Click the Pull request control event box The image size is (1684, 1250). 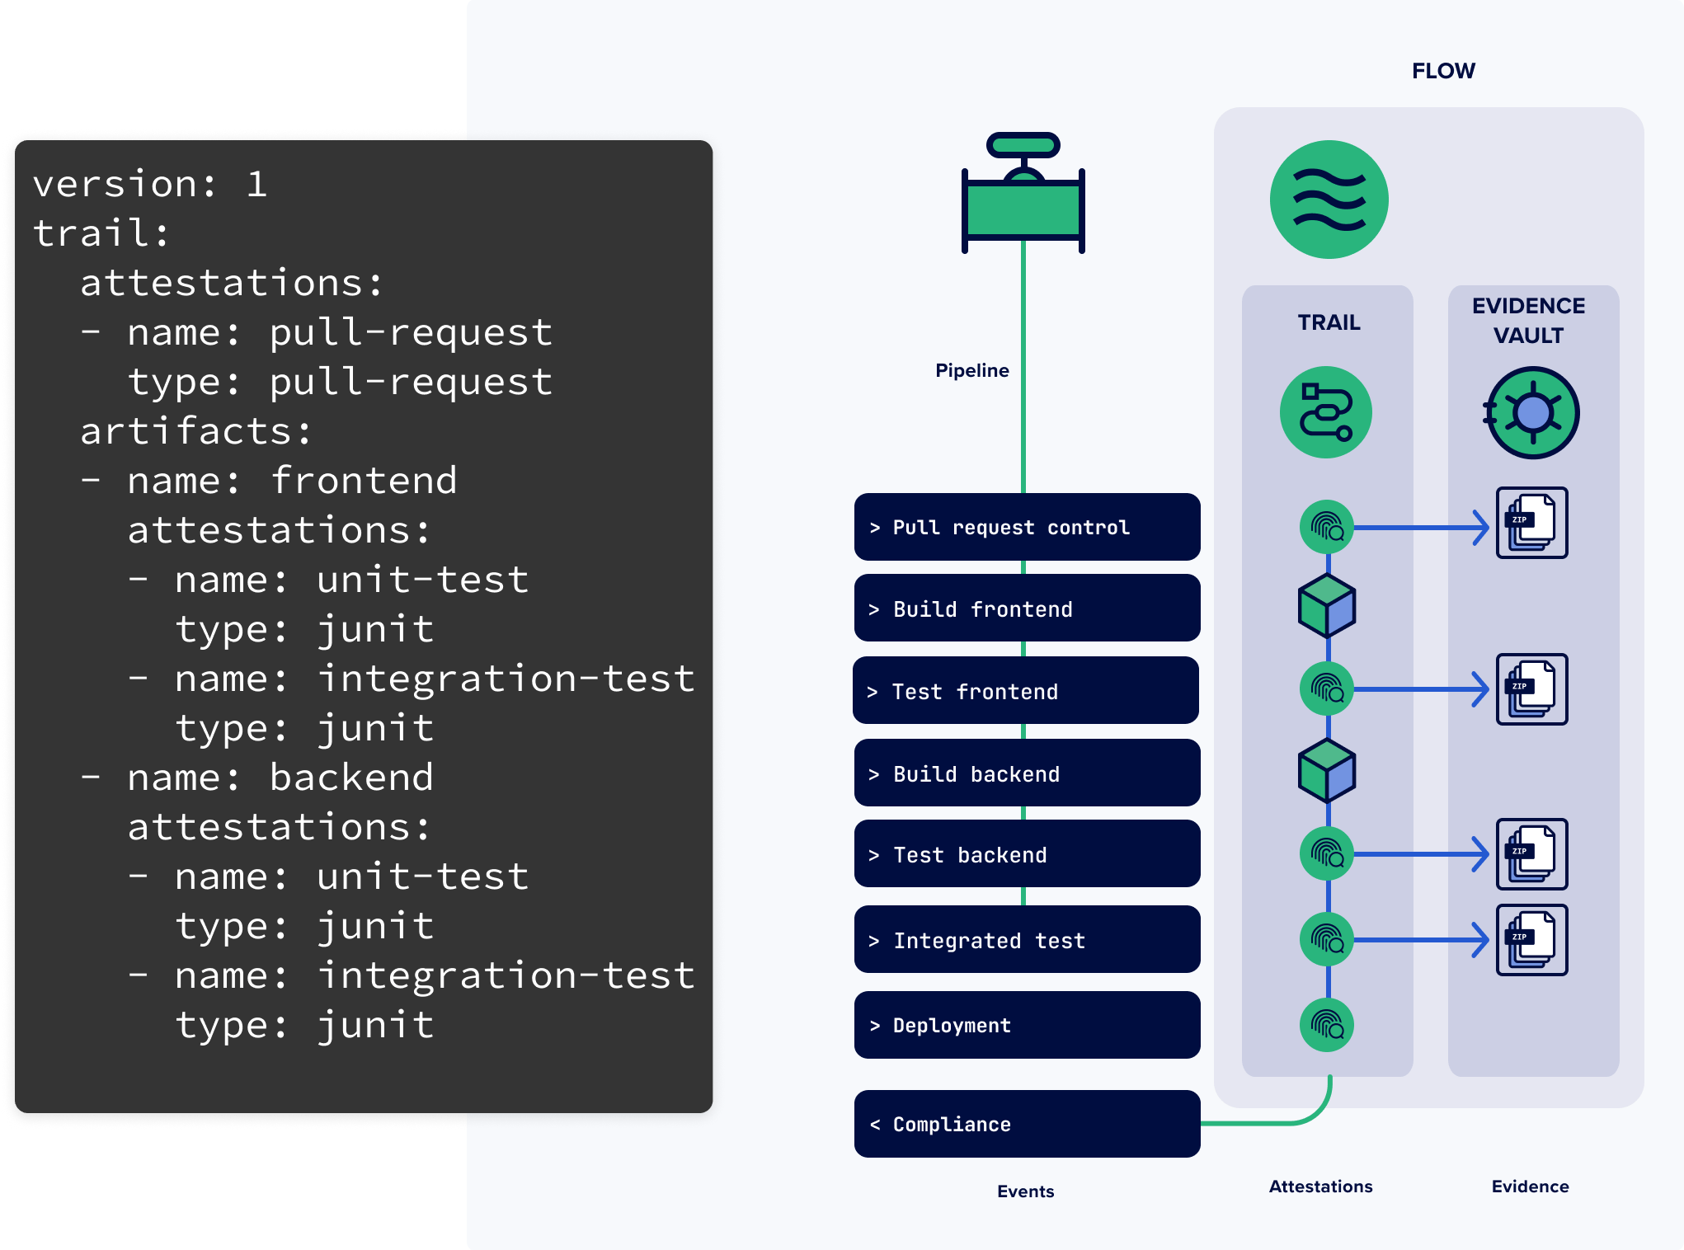click(1027, 527)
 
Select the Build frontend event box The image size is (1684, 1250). click(1027, 609)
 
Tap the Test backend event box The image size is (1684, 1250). click(1027, 854)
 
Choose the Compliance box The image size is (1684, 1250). click(1027, 1124)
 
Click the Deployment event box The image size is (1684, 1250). click(1027, 1025)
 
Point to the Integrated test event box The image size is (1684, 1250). click(1027, 940)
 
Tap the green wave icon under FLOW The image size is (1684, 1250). click(1329, 200)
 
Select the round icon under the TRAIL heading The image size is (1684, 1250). click(1325, 412)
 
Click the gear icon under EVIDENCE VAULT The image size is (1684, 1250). click(1531, 412)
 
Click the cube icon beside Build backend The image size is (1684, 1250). click(1327, 771)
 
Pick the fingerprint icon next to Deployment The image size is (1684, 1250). click(1327, 1025)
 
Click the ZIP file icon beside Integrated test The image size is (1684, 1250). click(1531, 940)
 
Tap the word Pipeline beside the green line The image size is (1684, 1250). click(971, 370)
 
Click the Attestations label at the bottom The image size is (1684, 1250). click(1320, 1187)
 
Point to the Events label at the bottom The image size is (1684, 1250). click(1025, 1191)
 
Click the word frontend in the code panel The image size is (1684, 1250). click(364, 481)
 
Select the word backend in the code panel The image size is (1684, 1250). click(351, 778)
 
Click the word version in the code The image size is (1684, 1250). click(124, 184)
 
